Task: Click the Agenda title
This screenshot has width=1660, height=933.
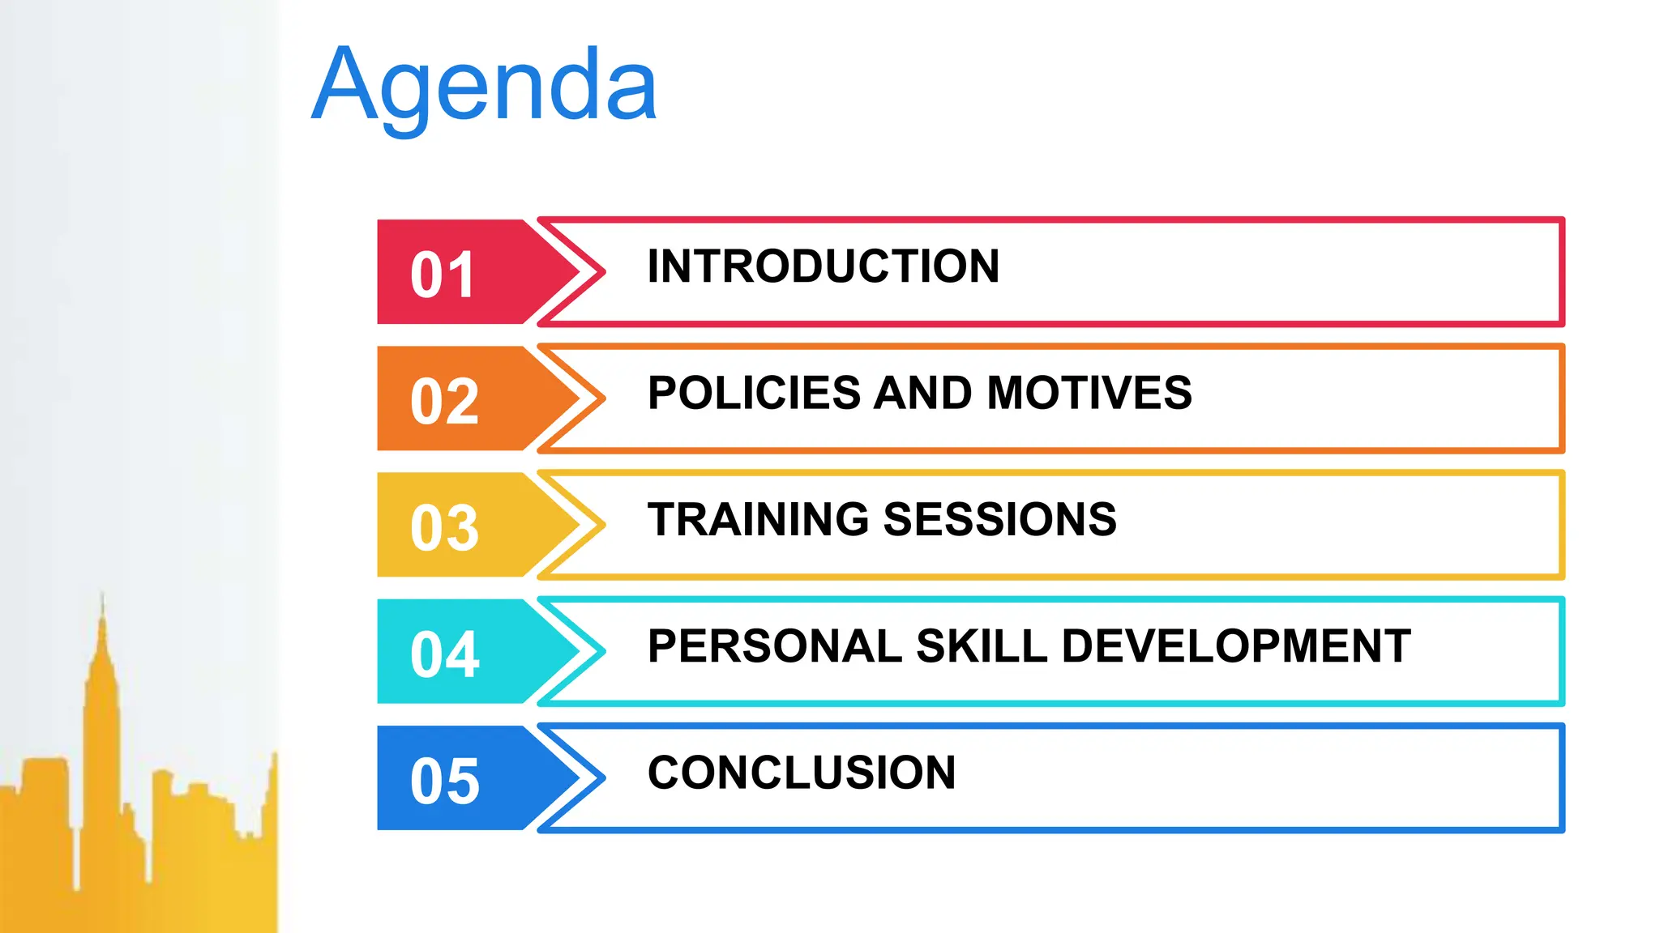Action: point(484,86)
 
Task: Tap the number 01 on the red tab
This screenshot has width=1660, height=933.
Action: point(442,275)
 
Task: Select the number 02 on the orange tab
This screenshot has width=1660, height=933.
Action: point(444,401)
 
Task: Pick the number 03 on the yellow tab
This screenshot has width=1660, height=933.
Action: point(444,527)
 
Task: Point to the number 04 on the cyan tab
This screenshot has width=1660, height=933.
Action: point(444,654)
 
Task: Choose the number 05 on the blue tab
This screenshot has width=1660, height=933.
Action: point(444,781)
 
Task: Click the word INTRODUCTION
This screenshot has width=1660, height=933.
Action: point(823,266)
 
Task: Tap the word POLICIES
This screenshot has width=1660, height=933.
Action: point(753,393)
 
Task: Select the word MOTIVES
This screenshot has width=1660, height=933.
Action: point(1089,393)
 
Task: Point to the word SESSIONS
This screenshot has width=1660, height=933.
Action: point(999,519)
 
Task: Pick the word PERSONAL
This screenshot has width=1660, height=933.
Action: point(774,646)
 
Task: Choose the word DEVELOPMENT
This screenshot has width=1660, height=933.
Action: point(1236,646)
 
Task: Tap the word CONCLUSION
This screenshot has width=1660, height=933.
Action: point(802,773)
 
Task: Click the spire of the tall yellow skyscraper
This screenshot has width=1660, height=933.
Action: point(102,616)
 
